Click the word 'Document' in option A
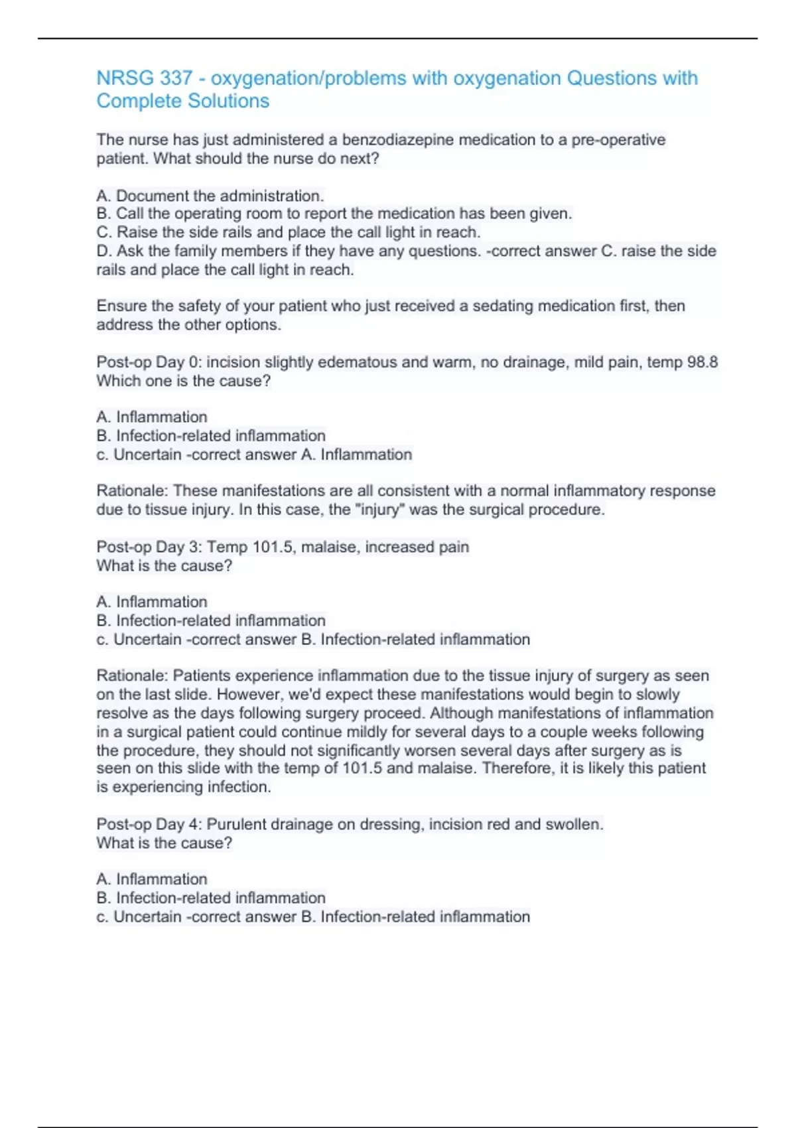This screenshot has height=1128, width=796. click(152, 196)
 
